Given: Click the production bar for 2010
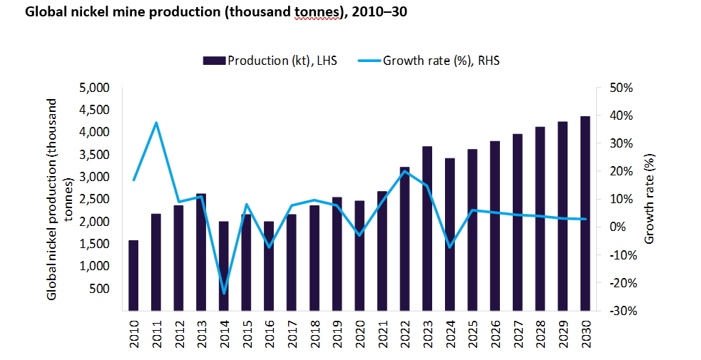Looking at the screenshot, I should [x=133, y=275].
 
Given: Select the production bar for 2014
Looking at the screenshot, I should [x=224, y=265].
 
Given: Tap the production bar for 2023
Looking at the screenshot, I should [x=427, y=228].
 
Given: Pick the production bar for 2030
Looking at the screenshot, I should [x=585, y=213].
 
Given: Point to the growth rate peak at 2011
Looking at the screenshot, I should [x=156, y=123].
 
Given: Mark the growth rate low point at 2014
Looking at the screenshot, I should [x=224, y=293].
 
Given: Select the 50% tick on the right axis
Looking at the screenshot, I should [x=618, y=88].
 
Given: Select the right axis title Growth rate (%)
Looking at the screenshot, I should [x=649, y=199].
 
